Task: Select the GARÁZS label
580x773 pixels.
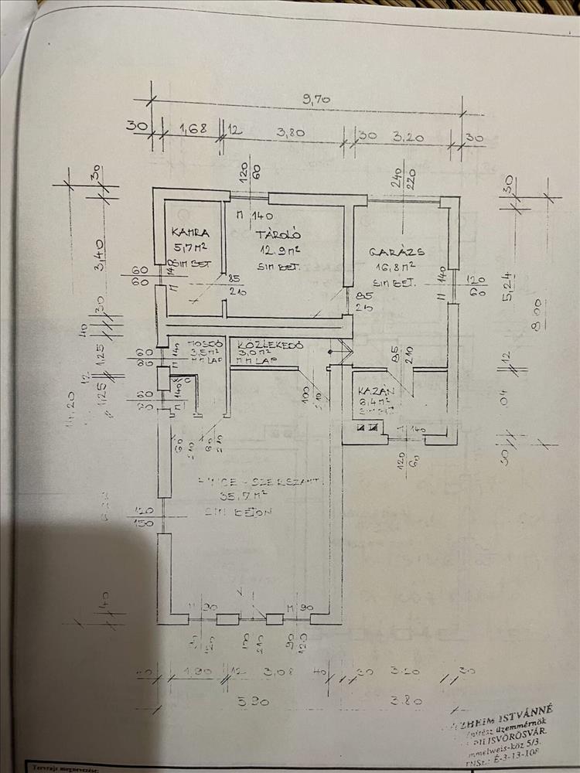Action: [396, 252]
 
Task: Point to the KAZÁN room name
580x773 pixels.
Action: [378, 391]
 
